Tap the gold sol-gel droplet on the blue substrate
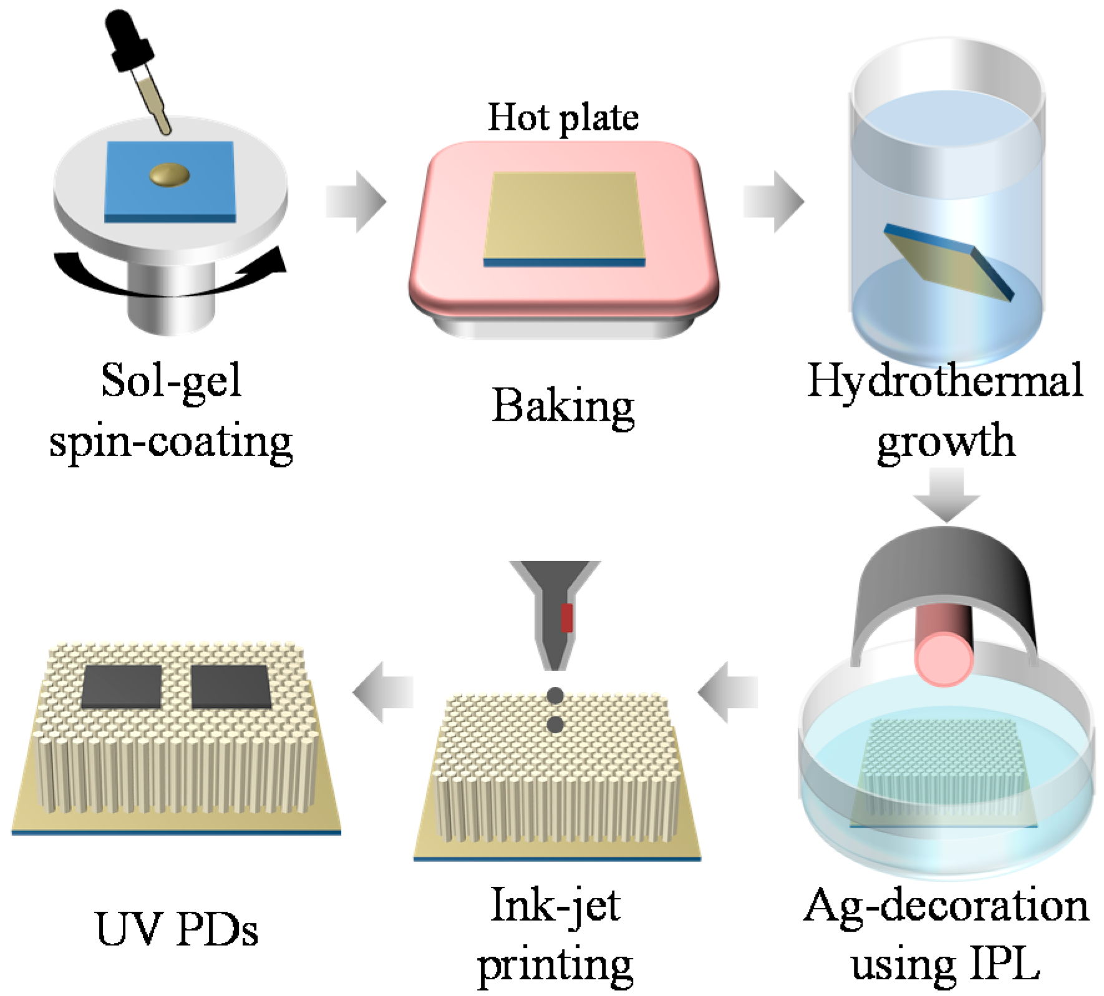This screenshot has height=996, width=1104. tap(170, 175)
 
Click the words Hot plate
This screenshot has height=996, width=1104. tap(563, 117)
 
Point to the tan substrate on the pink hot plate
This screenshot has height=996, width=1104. tap(563, 215)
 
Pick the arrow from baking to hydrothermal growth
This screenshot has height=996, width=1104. tap(774, 201)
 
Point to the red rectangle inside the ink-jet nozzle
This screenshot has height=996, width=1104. tap(566, 618)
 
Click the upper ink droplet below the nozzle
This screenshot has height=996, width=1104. tap(555, 695)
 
